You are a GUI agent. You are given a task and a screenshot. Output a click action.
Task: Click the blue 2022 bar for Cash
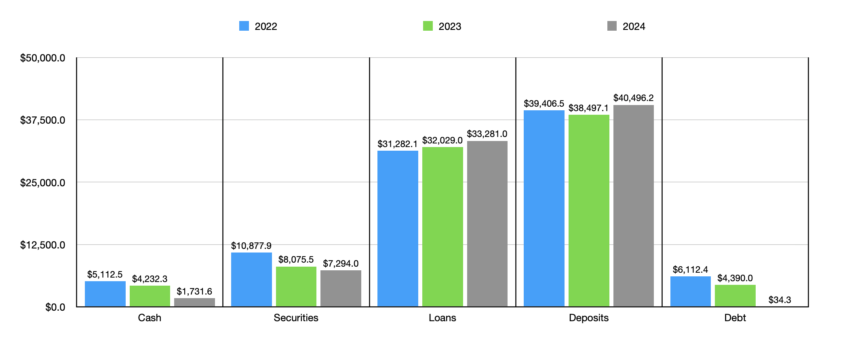tap(105, 294)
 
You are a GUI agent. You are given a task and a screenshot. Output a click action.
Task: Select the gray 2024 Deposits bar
tap(633, 206)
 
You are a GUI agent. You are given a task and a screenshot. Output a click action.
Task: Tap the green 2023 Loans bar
tap(442, 227)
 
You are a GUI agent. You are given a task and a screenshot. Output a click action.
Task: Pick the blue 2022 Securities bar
tap(251, 279)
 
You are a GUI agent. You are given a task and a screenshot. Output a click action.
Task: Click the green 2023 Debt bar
tap(735, 295)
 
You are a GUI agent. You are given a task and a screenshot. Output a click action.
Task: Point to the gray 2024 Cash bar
tap(194, 302)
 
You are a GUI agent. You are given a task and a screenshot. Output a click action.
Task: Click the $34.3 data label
tap(780, 300)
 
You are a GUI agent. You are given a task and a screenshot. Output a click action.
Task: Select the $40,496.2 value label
tap(633, 98)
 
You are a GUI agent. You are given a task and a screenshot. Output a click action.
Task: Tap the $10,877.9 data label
tap(251, 246)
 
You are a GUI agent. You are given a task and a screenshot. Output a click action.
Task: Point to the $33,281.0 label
tap(487, 134)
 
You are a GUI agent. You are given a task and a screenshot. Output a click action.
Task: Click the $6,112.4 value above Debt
tap(690, 269)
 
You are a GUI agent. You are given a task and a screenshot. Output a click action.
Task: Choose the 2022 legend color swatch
tap(244, 26)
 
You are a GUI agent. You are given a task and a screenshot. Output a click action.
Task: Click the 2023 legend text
tap(450, 26)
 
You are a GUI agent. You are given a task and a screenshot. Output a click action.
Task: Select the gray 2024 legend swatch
tap(612, 26)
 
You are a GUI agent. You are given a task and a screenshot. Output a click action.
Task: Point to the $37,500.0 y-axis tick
tap(42, 120)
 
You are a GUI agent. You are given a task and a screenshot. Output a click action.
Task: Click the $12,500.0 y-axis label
tap(42, 245)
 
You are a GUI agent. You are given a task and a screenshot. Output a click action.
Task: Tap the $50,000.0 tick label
tap(42, 58)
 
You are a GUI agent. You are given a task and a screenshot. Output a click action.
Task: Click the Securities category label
tap(296, 318)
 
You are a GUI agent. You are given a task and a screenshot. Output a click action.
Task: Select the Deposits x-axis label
tap(588, 318)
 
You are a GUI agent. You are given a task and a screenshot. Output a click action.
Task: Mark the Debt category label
tap(735, 318)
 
